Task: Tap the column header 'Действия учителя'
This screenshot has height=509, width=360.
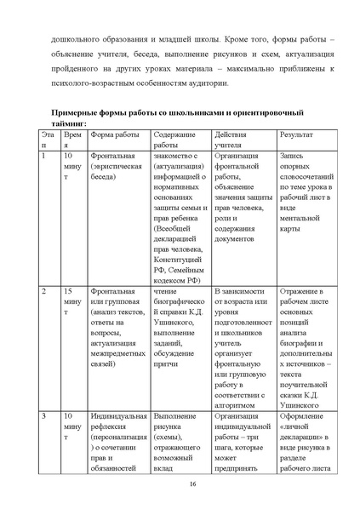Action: pos(232,141)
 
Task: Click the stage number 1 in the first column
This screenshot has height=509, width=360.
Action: pos(44,157)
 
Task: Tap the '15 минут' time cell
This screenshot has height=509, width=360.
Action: pos(73,302)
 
